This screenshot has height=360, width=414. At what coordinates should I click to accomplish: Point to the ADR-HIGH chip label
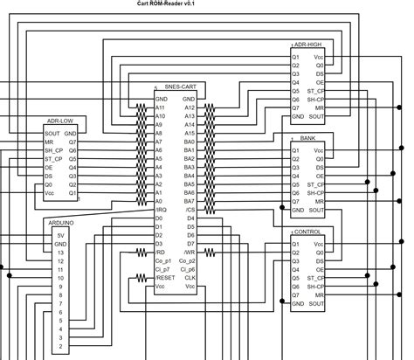point(309,44)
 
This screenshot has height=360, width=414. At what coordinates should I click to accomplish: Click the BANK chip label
point(307,138)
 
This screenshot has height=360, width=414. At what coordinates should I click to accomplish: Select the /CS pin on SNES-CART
point(189,210)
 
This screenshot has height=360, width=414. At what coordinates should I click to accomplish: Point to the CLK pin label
point(189,277)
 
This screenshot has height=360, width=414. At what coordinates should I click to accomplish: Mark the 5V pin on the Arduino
point(59,236)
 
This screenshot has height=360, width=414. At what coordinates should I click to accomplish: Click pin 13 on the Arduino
point(59,253)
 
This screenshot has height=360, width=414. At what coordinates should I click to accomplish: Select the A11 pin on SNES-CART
point(160,108)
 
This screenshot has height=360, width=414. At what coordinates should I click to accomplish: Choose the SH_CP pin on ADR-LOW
point(54,150)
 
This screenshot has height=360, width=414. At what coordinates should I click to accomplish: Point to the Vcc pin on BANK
point(319,150)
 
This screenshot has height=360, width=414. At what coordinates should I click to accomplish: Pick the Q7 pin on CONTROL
point(296,294)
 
